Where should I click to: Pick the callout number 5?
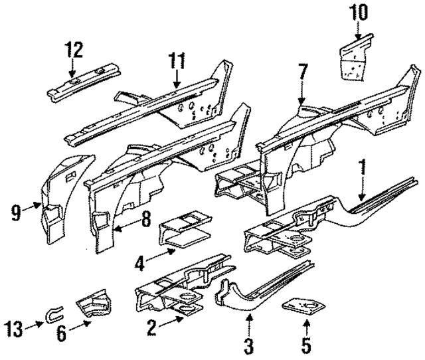click(306, 345)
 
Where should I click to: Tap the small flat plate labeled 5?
click(305, 306)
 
